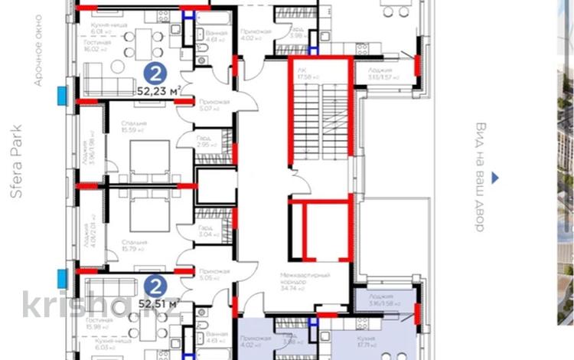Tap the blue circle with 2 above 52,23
click(155, 74)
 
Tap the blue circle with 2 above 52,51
click(155, 286)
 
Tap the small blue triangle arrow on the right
click(495, 178)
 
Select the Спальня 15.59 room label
click(133, 127)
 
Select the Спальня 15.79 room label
click(134, 246)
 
